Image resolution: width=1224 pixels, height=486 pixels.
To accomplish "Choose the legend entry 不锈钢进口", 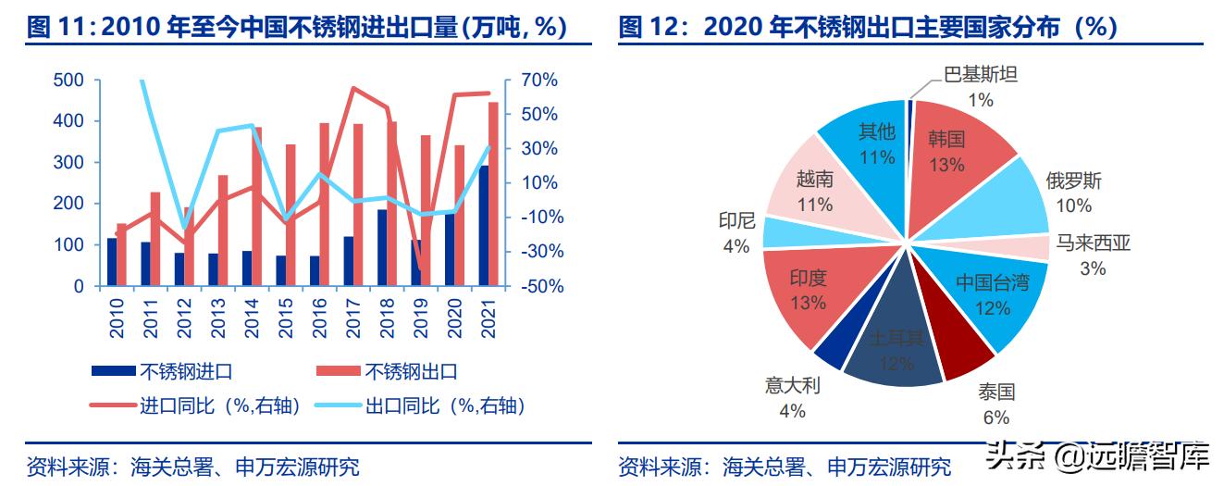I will pyautogui.click(x=185, y=372).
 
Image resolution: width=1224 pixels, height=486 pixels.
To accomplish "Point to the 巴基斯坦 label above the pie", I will pyautogui.click(x=980, y=75).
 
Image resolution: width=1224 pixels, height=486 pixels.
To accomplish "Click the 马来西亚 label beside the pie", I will pyautogui.click(x=1093, y=243).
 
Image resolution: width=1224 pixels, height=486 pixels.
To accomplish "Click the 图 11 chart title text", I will pyautogui.click(x=296, y=27).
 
